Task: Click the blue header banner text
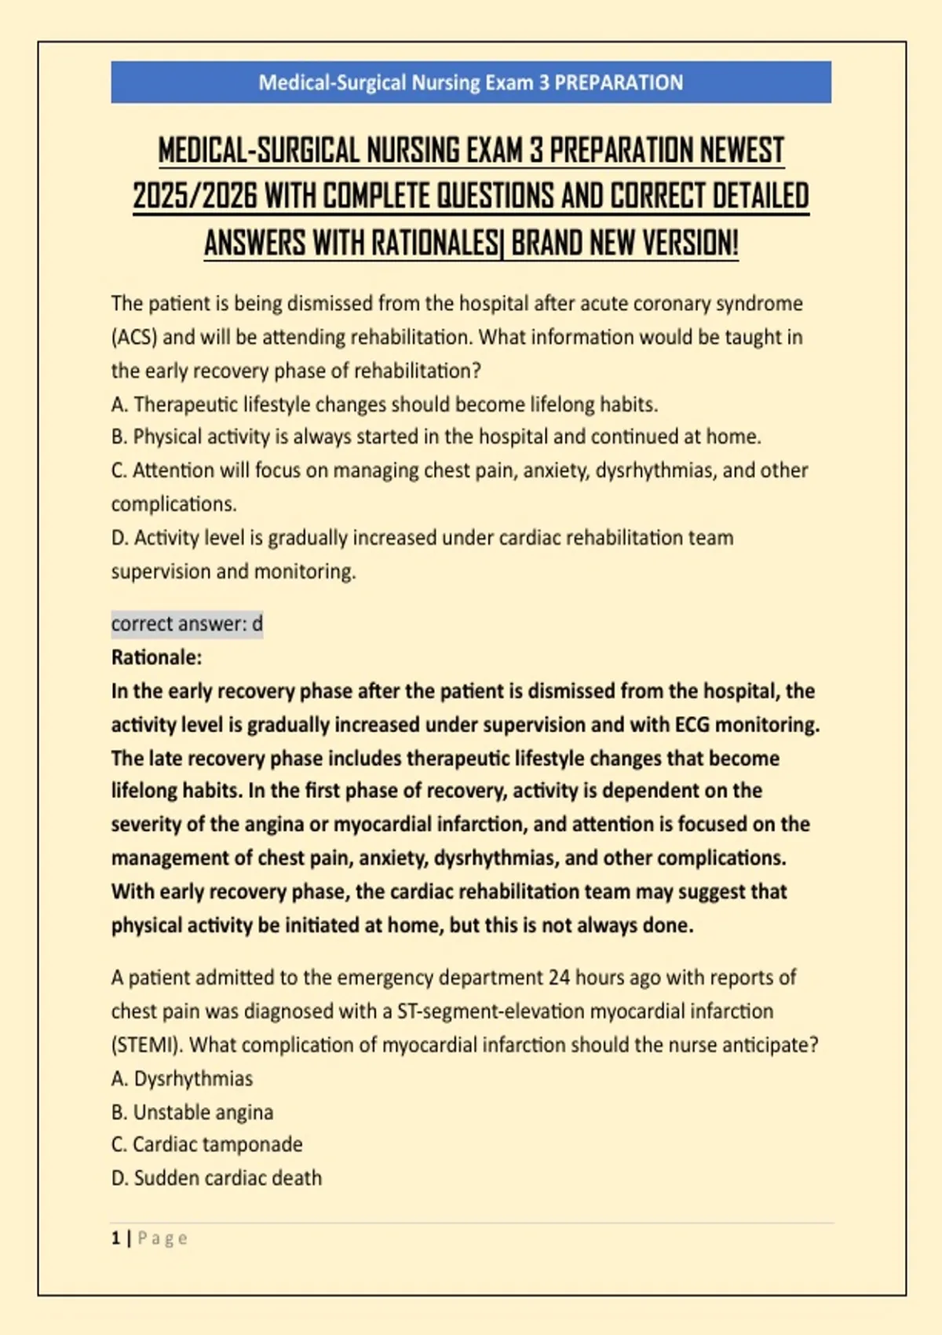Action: tap(471, 82)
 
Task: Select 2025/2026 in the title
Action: tap(195, 196)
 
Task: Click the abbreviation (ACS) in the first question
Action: tap(134, 338)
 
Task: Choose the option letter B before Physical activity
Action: tap(119, 437)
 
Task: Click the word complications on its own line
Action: tap(173, 504)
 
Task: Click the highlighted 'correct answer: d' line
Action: tap(187, 624)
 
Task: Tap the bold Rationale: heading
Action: tap(156, 657)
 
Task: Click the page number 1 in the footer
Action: tap(116, 1238)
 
